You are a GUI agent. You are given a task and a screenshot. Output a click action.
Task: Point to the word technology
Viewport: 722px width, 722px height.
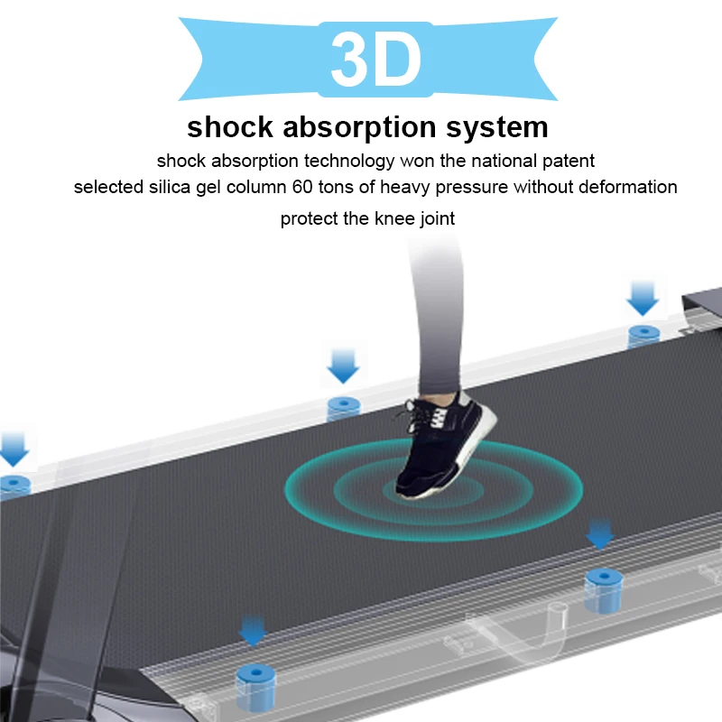tap(348, 162)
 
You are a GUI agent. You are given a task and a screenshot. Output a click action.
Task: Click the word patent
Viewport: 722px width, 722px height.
tap(567, 162)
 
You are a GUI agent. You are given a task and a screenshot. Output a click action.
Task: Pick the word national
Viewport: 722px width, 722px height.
tap(495, 162)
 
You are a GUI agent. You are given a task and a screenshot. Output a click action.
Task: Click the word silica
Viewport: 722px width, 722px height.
tap(158, 188)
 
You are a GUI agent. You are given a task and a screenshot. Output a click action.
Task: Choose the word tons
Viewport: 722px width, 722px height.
tap(369, 188)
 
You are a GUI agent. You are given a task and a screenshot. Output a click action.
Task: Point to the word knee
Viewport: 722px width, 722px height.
tap(382, 218)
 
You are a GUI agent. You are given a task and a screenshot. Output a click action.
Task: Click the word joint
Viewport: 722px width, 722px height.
tap(434, 218)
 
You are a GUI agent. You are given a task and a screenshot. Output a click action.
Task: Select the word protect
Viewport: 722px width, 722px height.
tap(305, 218)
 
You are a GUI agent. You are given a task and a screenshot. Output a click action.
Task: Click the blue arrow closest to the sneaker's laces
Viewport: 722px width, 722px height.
tap(344, 366)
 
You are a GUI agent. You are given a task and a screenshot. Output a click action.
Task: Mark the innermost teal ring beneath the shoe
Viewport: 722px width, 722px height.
tap(424, 489)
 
